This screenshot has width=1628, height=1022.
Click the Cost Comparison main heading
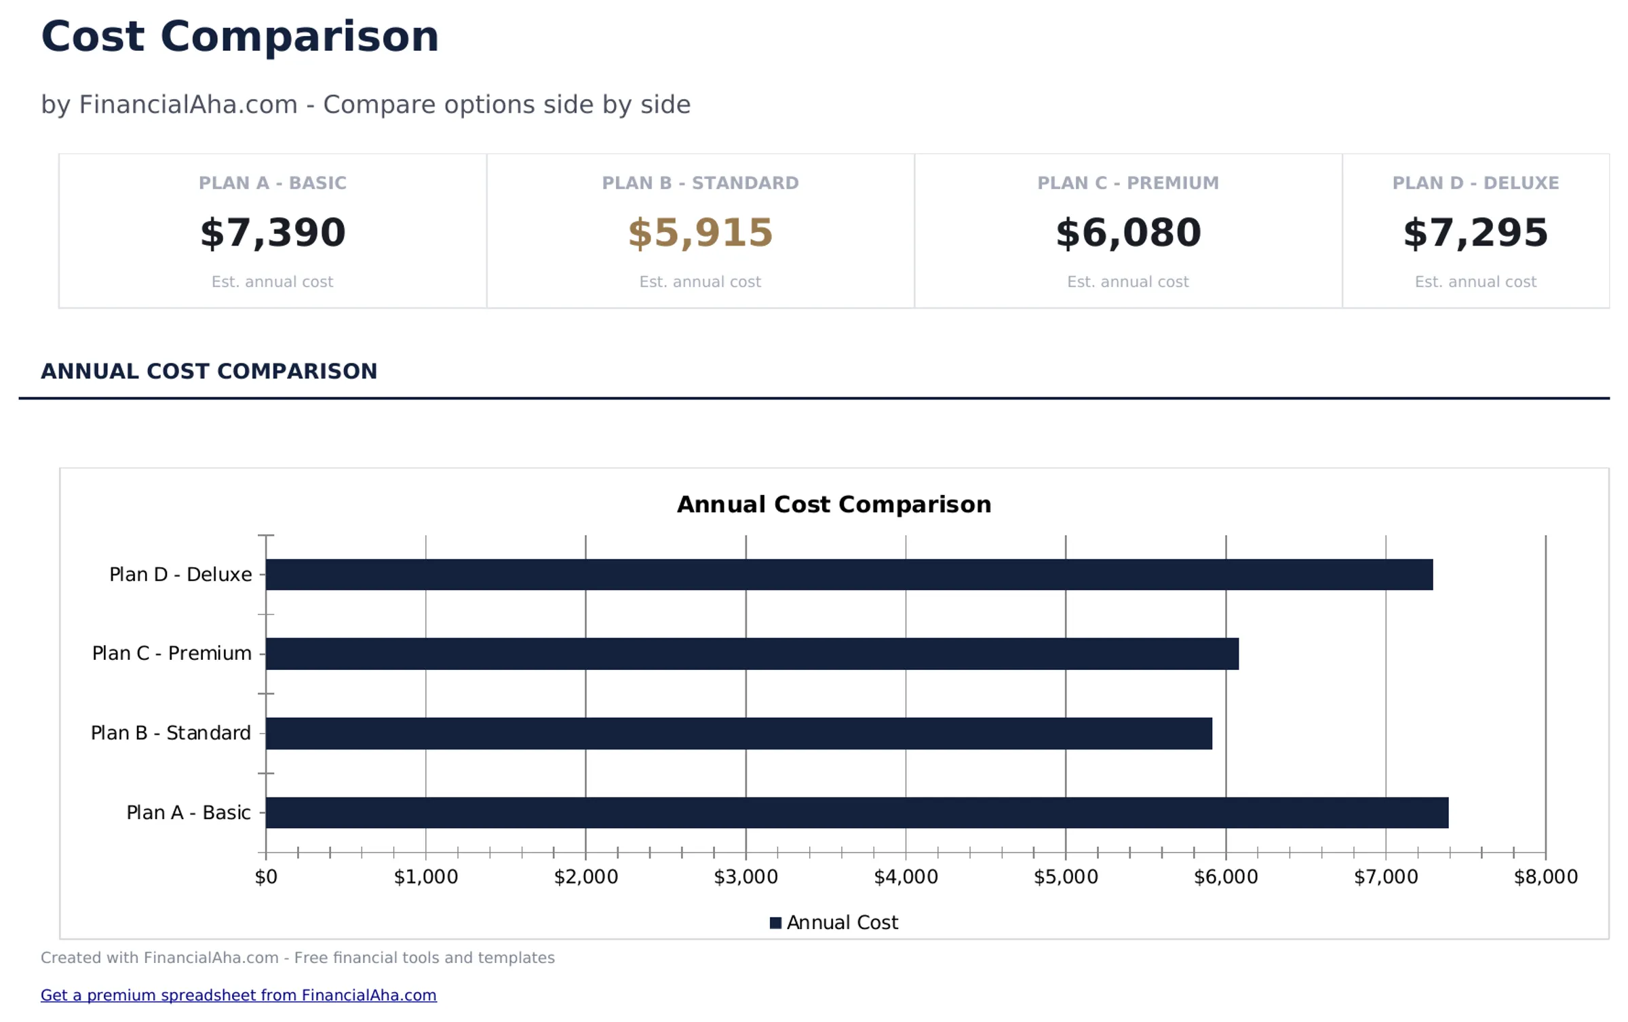(x=239, y=37)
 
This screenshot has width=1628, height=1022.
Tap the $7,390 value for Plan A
(x=273, y=233)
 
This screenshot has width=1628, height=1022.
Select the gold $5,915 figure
(x=700, y=233)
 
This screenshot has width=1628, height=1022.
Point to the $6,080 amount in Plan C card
(x=1128, y=233)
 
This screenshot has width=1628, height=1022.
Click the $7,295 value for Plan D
(x=1475, y=233)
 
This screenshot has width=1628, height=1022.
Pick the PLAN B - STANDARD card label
(x=700, y=183)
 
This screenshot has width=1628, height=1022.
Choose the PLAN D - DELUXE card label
(x=1475, y=183)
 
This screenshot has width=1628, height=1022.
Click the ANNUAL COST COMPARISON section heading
(x=209, y=371)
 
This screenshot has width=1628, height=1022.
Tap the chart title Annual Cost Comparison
(x=834, y=505)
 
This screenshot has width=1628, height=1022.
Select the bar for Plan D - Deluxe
(x=848, y=574)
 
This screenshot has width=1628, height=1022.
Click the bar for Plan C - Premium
(x=752, y=654)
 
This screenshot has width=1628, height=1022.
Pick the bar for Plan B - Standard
(x=738, y=733)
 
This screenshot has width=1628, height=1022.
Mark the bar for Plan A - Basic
(x=856, y=812)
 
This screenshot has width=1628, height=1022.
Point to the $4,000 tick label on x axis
(x=906, y=877)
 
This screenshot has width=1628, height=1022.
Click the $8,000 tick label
(x=1545, y=877)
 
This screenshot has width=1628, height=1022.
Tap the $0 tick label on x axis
(x=266, y=877)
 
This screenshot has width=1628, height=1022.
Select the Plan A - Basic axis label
(x=189, y=812)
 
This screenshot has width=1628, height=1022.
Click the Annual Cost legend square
(x=775, y=923)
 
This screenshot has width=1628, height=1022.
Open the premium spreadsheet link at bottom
(x=238, y=995)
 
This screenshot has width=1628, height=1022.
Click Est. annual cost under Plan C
(x=1128, y=281)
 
